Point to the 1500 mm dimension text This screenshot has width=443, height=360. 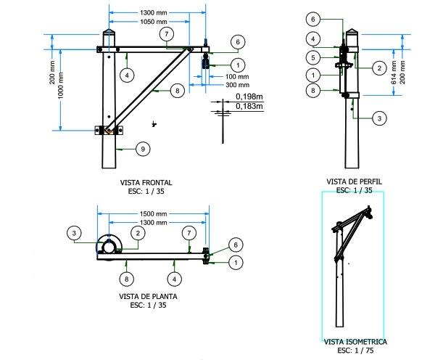pyautogui.click(x=153, y=214)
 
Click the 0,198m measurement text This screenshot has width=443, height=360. pyautogui.click(x=249, y=96)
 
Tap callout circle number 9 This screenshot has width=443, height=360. pyautogui.click(x=143, y=149)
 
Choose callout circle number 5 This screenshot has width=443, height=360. pyautogui.click(x=312, y=57)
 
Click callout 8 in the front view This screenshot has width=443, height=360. pyautogui.click(x=176, y=91)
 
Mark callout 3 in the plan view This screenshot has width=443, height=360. pyautogui.click(x=75, y=232)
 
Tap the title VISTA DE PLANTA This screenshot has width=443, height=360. pyautogui.click(x=147, y=296)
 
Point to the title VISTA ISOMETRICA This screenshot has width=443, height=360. pyautogui.click(x=355, y=341)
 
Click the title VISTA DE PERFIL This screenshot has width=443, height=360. pyautogui.click(x=355, y=181)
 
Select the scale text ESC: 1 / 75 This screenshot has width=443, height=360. pyautogui.click(x=355, y=350)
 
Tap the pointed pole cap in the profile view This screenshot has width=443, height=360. pyautogui.click(x=352, y=33)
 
